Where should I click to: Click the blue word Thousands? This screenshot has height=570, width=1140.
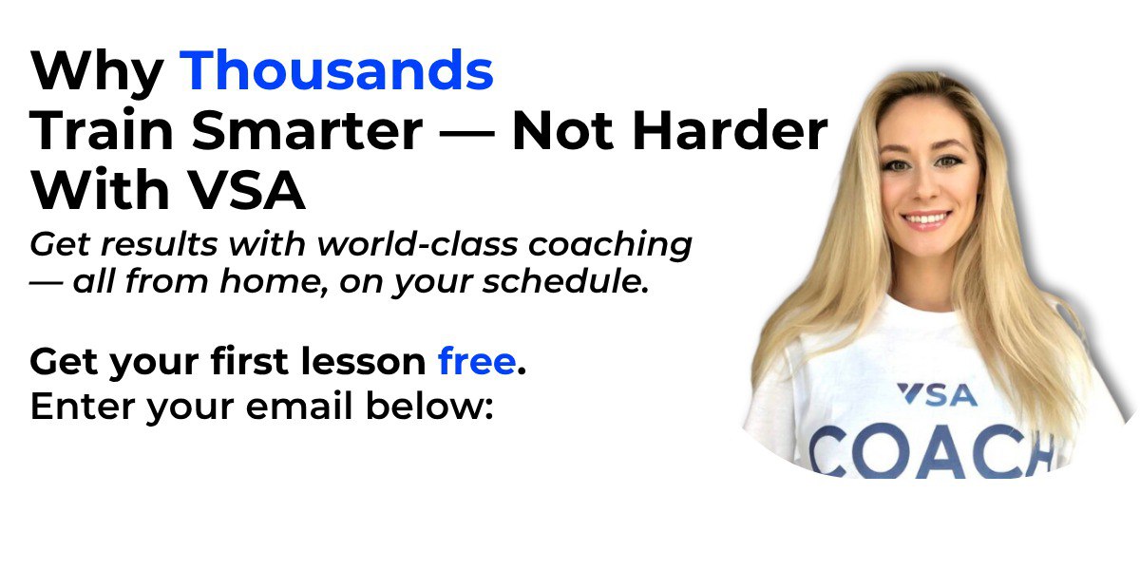pyautogui.click(x=336, y=70)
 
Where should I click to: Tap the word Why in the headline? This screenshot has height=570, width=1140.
pyautogui.click(x=97, y=75)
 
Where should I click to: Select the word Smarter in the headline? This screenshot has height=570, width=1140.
pyautogui.click(x=308, y=130)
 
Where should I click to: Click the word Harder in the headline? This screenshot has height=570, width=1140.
pyautogui.click(x=730, y=130)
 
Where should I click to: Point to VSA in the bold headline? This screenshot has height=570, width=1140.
pyautogui.click(x=247, y=190)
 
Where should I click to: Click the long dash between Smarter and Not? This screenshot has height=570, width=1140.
pyautogui.click(x=467, y=134)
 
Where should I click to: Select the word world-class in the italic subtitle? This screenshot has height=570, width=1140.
pyautogui.click(x=417, y=244)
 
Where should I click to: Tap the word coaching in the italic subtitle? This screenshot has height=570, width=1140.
pyautogui.click(x=610, y=246)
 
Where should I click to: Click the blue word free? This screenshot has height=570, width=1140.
pyautogui.click(x=477, y=361)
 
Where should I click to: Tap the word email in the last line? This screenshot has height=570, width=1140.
pyautogui.click(x=298, y=407)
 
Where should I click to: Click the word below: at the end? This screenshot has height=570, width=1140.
pyautogui.click(x=429, y=407)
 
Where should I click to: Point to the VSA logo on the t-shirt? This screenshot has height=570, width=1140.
pyautogui.click(x=937, y=395)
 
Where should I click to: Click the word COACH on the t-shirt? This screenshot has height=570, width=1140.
pyautogui.click(x=937, y=452)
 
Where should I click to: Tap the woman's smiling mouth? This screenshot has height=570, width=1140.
pyautogui.click(x=925, y=220)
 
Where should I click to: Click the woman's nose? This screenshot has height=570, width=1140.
pyautogui.click(x=923, y=187)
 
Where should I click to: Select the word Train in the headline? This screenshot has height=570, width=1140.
pyautogui.click(x=102, y=130)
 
